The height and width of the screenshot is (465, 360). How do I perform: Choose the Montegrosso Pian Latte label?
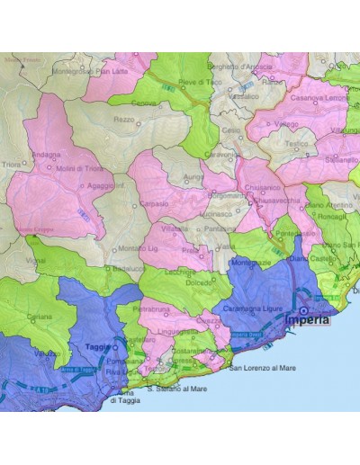(x=91, y=71)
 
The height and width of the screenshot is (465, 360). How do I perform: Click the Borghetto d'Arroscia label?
(x=240, y=66)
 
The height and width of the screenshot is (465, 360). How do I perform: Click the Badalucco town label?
(x=123, y=268)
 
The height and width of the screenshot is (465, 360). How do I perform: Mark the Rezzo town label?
(x=124, y=119)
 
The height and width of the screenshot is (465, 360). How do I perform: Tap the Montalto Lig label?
(x=138, y=248)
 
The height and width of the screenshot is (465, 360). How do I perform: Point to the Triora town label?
(x=13, y=165)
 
